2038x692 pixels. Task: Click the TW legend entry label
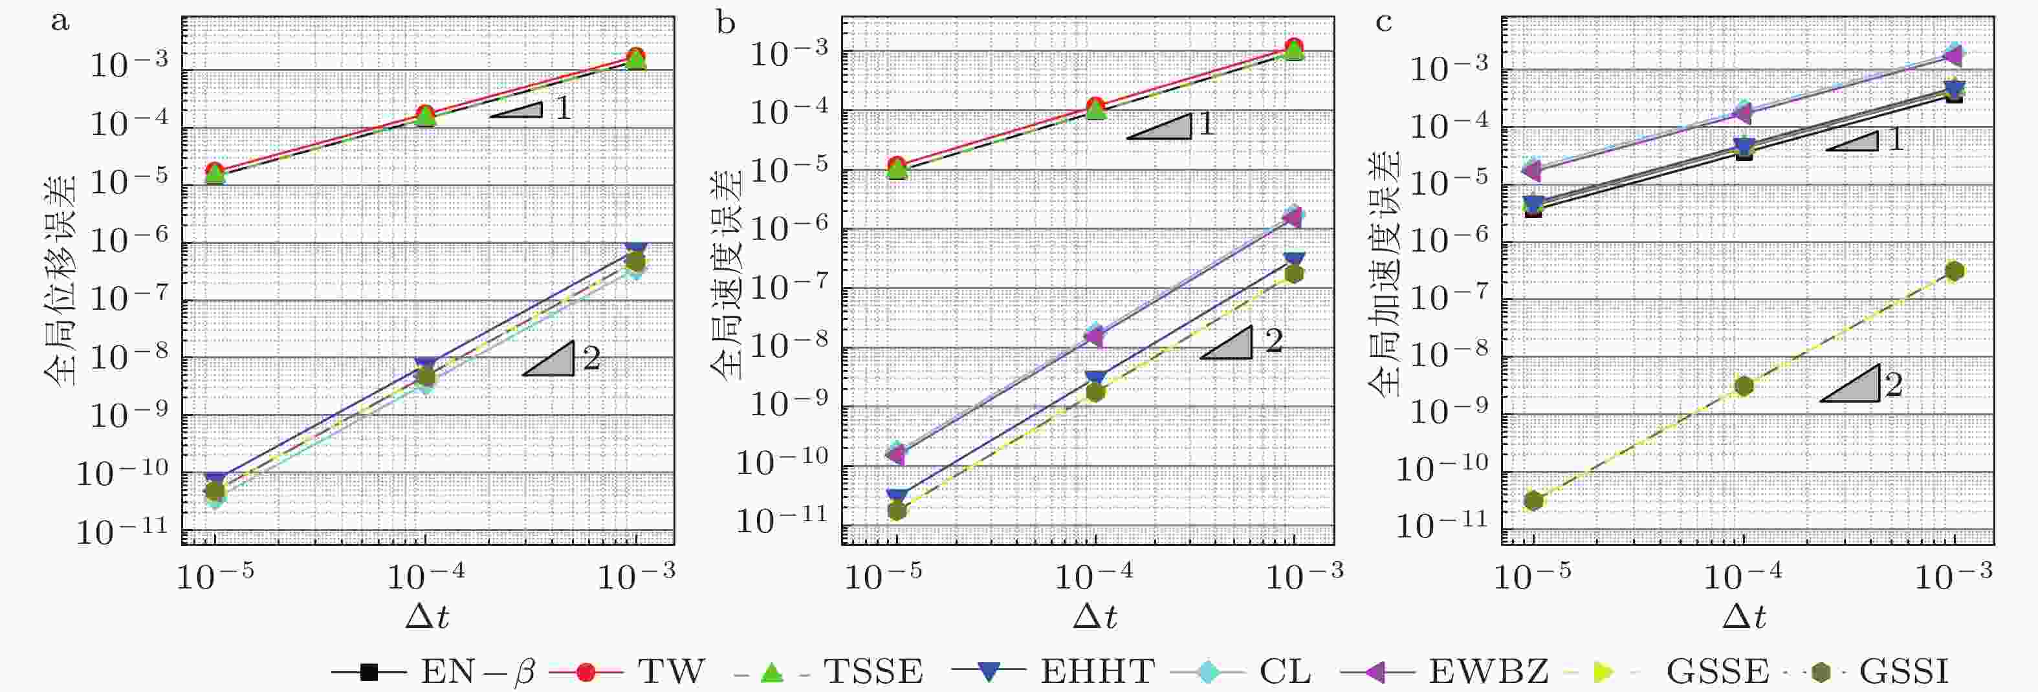click(x=671, y=672)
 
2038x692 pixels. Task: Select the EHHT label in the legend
click(x=1097, y=672)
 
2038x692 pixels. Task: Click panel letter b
click(x=725, y=23)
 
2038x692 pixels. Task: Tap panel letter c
click(x=1384, y=23)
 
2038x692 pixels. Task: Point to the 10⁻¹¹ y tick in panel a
click(x=123, y=532)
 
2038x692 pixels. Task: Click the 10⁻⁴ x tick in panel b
click(x=1095, y=578)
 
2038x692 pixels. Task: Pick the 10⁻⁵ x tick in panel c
click(x=1533, y=578)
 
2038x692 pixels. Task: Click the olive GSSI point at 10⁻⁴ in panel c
click(x=1744, y=386)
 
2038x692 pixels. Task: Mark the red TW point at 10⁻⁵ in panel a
click(x=214, y=171)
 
